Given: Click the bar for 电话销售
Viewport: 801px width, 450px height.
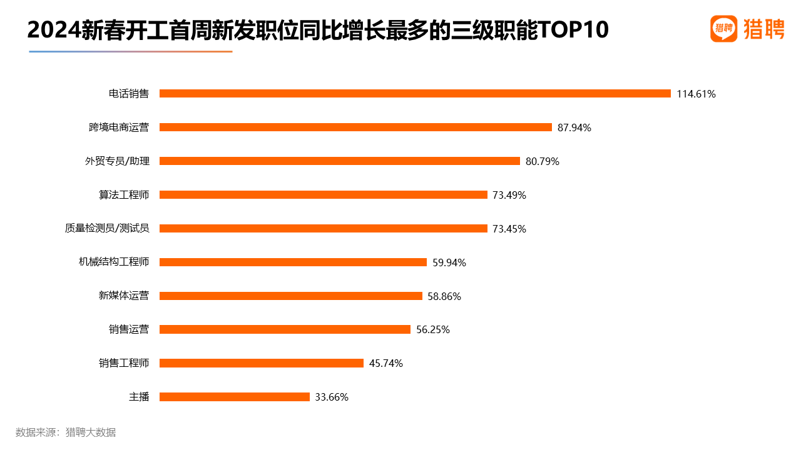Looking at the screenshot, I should [x=415, y=94].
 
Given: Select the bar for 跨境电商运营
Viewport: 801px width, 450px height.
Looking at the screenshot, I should [x=355, y=127].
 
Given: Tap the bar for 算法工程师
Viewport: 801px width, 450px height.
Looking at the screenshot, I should [x=323, y=195].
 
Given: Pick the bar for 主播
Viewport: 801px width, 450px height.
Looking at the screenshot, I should [x=235, y=397].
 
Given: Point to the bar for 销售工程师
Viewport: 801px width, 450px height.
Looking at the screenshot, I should [x=262, y=363].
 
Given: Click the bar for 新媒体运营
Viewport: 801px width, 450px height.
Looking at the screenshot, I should [x=291, y=296].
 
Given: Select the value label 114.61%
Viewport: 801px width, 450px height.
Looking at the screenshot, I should [x=696, y=94].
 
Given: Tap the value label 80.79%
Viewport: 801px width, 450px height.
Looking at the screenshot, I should [x=543, y=161].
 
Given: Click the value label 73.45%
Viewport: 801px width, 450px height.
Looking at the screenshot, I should [x=509, y=229].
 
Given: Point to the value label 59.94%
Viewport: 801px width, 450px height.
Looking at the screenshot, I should [x=449, y=262].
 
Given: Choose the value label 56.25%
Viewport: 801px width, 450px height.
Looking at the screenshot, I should [x=433, y=330].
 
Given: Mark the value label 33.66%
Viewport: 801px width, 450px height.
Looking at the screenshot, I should [x=332, y=397].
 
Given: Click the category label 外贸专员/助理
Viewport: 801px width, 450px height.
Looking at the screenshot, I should [x=117, y=161].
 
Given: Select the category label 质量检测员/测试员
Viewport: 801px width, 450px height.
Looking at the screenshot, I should [x=107, y=229].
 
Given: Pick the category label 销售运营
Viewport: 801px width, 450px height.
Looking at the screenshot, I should [x=129, y=329].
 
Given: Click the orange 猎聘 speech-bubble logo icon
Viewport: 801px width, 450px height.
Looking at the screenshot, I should [x=723, y=29].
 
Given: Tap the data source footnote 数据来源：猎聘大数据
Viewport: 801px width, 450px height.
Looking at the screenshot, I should [x=66, y=432].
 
